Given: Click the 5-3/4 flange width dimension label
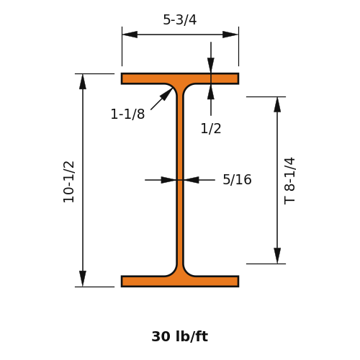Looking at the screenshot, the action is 180,19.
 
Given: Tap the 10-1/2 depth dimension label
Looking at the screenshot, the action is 69,181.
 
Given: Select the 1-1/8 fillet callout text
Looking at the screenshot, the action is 127,114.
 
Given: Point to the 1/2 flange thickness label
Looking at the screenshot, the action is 211,128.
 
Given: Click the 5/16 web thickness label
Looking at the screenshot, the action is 237,179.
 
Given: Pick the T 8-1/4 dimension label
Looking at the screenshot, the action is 289,181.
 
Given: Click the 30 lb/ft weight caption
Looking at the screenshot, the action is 180,336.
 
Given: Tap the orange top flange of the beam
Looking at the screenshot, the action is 180,78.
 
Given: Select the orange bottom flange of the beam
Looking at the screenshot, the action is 180,282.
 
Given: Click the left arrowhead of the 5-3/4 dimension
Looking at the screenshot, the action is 130,35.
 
